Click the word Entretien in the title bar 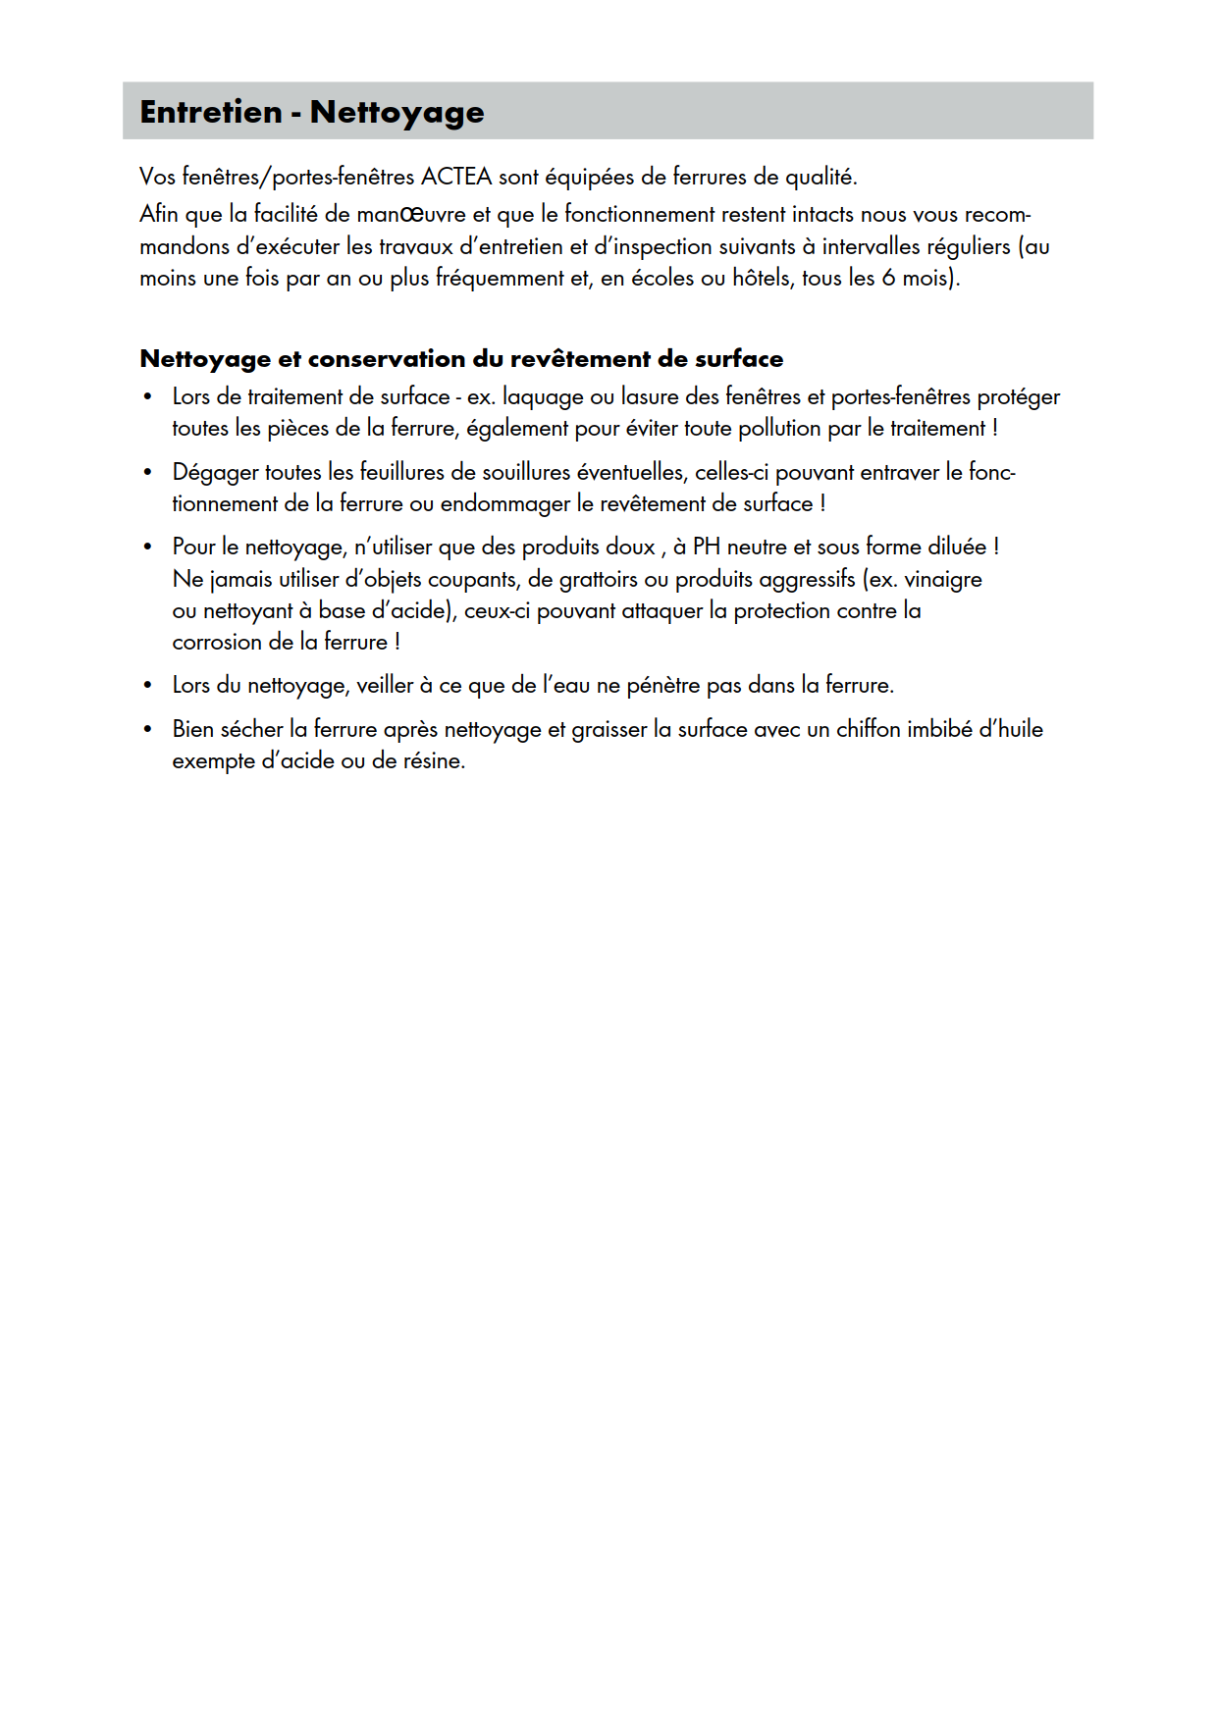(x=211, y=112)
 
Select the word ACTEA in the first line (x=456, y=177)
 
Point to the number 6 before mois (x=888, y=278)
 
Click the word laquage (x=543, y=397)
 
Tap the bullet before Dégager (x=147, y=473)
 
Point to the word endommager (x=504, y=504)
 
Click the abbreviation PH (x=707, y=547)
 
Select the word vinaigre (x=943, y=579)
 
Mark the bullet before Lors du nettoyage (x=147, y=686)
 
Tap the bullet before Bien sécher (x=147, y=730)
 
